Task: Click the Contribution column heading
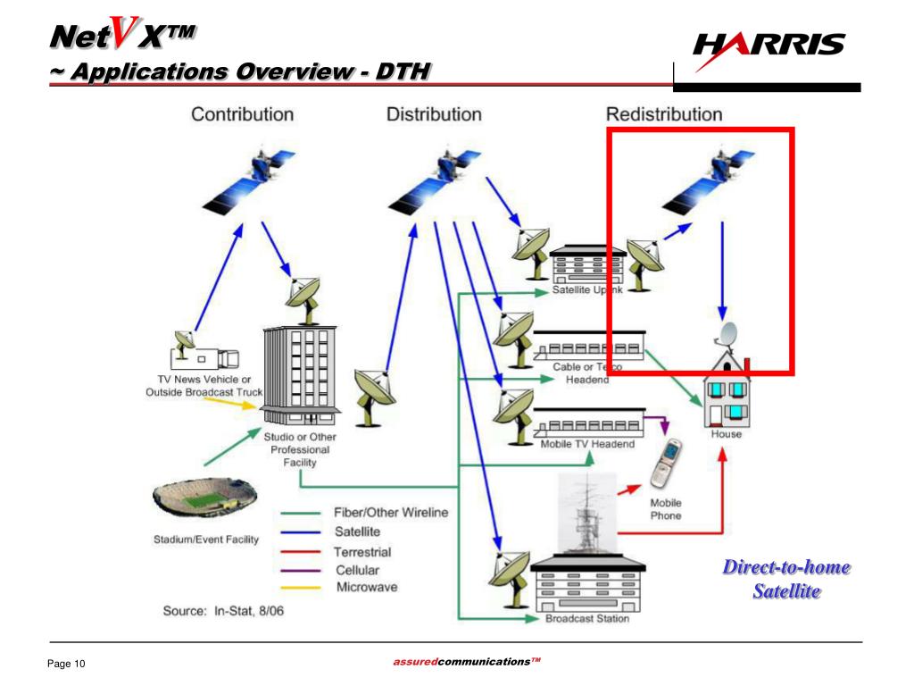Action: click(242, 114)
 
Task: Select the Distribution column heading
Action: click(434, 114)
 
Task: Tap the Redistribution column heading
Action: click(664, 114)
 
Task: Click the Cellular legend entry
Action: click(357, 570)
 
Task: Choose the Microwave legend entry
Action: click(366, 587)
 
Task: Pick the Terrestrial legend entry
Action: click(362, 552)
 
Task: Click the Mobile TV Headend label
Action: click(587, 444)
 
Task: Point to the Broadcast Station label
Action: click(586, 618)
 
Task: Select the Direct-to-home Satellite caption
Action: click(785, 579)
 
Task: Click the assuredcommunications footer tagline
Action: click(467, 661)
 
